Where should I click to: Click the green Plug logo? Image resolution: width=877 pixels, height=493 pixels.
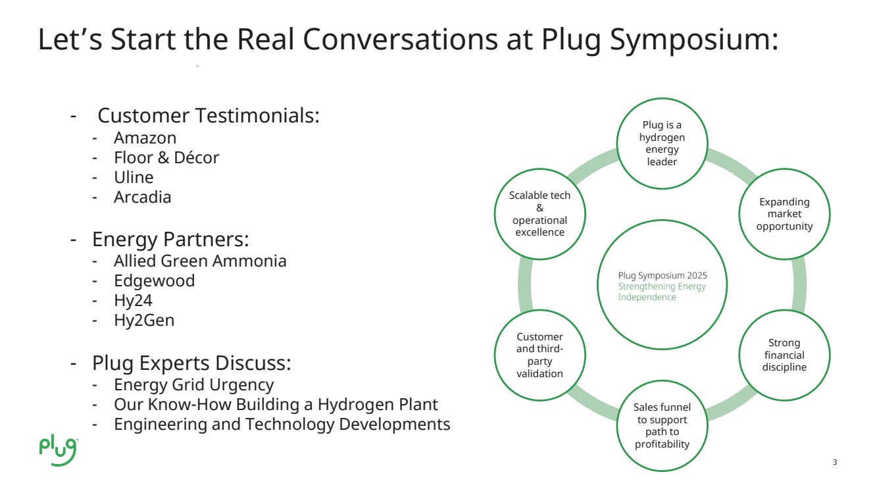click(x=58, y=450)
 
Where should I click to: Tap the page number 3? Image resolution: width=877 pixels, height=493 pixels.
click(x=835, y=462)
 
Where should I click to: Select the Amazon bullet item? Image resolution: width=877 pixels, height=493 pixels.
click(x=145, y=138)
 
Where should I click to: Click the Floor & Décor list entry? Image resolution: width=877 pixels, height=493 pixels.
click(x=166, y=158)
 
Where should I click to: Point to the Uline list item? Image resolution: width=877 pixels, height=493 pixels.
click(x=134, y=178)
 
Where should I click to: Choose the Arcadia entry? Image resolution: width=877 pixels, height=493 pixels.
click(x=142, y=197)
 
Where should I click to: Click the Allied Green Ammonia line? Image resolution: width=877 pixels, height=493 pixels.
click(x=200, y=261)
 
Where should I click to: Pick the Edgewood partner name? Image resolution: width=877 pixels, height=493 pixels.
click(x=154, y=281)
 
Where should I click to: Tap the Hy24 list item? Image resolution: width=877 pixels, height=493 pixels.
click(x=133, y=301)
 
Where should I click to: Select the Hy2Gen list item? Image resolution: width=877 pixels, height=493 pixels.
click(x=144, y=321)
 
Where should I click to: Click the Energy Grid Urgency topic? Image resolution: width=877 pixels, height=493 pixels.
click(x=193, y=384)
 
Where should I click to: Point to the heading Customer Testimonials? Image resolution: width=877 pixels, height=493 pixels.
click(x=208, y=116)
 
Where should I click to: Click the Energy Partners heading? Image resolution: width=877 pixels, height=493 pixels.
click(x=170, y=238)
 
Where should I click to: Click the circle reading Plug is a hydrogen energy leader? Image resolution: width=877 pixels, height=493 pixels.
click(x=662, y=143)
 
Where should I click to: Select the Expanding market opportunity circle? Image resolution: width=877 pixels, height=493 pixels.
click(x=784, y=214)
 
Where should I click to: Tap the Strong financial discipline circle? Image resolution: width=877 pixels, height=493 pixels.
click(x=784, y=355)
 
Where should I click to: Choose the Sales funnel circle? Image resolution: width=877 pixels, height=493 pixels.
click(x=662, y=426)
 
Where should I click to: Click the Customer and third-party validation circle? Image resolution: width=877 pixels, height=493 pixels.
click(x=539, y=355)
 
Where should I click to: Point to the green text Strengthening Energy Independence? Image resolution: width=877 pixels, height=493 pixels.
click(x=661, y=292)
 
